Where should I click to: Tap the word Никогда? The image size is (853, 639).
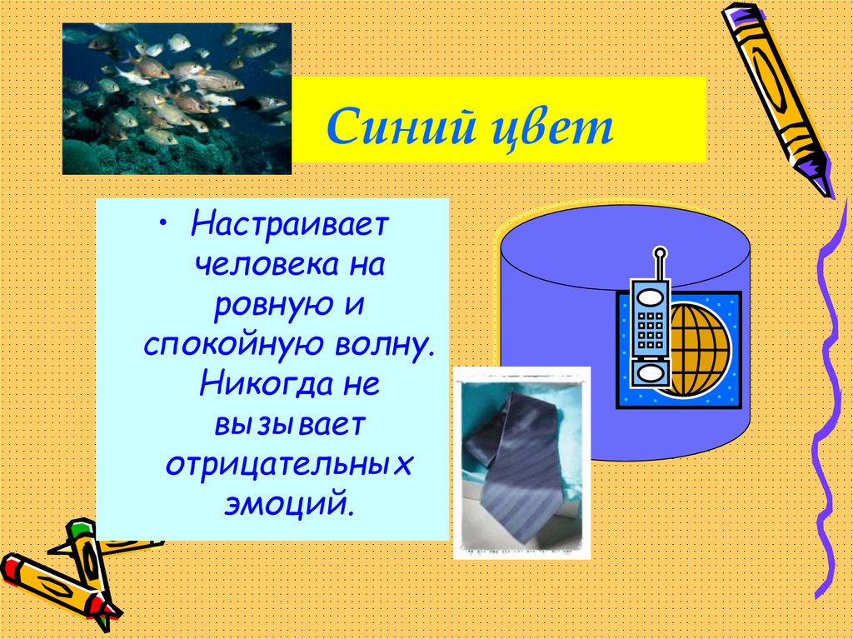point(259,384)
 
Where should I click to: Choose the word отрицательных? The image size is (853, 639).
point(289,464)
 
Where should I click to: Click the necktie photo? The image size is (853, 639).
point(522,462)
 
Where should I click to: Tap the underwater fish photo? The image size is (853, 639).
point(177,98)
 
